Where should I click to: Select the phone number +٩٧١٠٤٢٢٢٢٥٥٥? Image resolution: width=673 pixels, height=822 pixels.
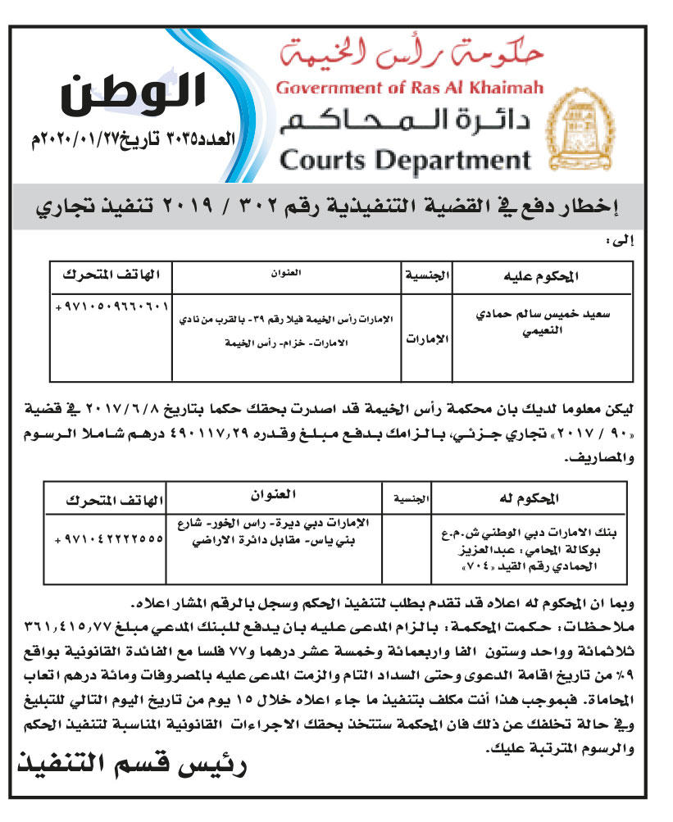(109, 540)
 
